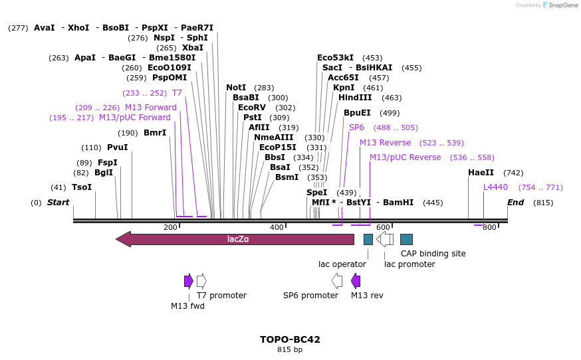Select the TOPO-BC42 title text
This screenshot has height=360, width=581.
tap(290, 339)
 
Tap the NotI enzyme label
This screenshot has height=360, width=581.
tap(236, 88)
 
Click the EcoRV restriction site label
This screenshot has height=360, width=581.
tap(252, 108)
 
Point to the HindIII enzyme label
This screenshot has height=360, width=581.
tap(355, 98)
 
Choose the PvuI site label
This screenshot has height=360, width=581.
tap(117, 147)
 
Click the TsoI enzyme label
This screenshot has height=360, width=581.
tap(82, 187)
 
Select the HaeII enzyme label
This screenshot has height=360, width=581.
tap(481, 173)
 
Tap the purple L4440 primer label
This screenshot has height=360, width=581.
tap(495, 187)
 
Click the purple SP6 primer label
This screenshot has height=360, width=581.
tap(356, 128)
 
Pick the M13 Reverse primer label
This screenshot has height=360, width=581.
tap(385, 143)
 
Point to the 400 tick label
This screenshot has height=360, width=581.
tap(277, 228)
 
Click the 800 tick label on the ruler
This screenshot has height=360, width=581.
tap(489, 228)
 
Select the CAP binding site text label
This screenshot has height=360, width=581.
tap(433, 254)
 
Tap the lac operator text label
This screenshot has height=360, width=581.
tap(342, 264)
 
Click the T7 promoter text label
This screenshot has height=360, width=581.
tap(221, 296)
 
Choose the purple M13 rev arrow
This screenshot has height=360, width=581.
tap(356, 280)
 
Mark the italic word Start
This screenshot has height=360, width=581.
tap(58, 203)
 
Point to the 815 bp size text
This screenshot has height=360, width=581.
tap(290, 349)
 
